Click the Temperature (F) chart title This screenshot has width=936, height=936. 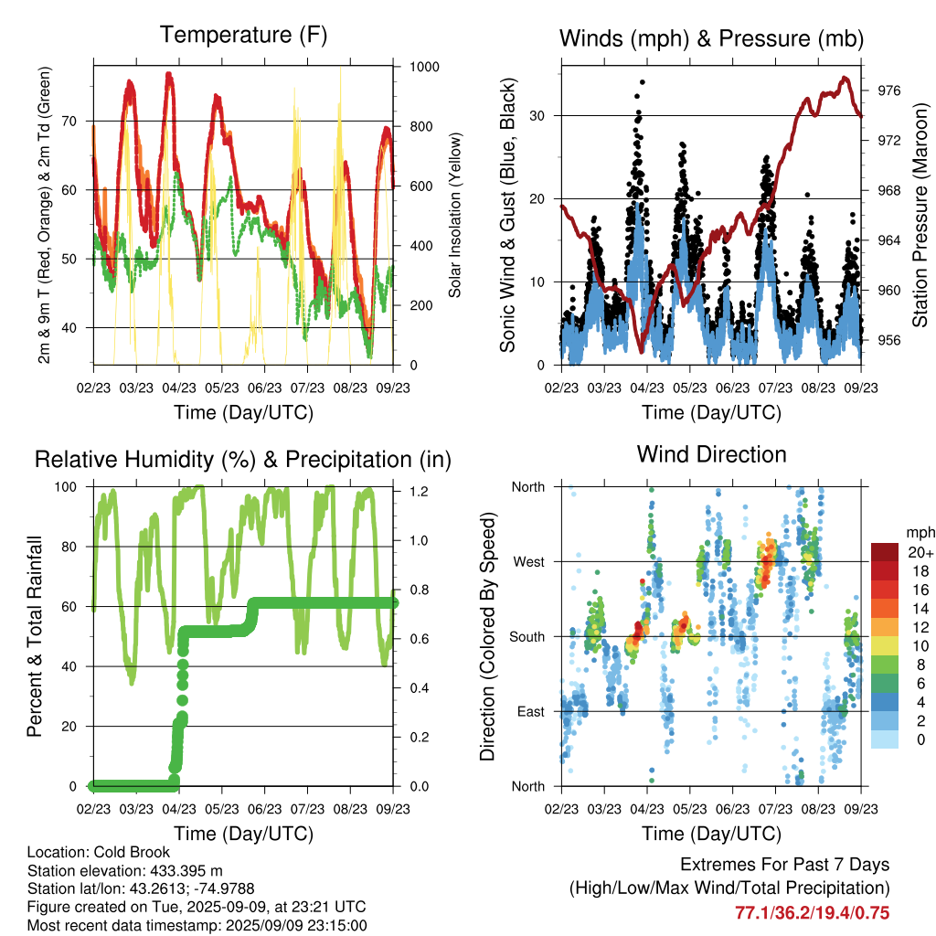[243, 35]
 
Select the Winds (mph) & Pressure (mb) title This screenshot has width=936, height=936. [711, 38]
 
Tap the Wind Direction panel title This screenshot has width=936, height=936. [711, 454]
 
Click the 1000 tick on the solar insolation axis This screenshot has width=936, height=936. [424, 67]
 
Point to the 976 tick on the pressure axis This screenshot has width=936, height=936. [888, 90]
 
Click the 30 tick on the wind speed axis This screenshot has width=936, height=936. [537, 116]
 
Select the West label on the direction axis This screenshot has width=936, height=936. [528, 562]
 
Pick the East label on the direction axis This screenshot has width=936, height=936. [531, 711]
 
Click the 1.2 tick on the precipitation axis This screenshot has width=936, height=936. [419, 491]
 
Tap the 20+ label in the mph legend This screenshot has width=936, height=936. [920, 552]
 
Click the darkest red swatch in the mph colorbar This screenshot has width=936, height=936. [885, 552]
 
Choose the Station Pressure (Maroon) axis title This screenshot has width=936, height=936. [920, 215]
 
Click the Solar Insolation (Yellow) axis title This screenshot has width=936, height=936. [455, 215]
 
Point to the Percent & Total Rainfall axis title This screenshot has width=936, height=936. [35, 636]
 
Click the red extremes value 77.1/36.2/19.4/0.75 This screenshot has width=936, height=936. [812, 913]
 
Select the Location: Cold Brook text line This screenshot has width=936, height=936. [99, 852]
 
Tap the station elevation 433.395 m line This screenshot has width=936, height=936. [124, 870]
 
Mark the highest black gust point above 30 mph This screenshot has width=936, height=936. [643, 82]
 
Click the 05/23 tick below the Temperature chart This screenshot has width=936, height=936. [222, 388]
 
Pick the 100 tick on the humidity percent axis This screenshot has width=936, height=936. [66, 487]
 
